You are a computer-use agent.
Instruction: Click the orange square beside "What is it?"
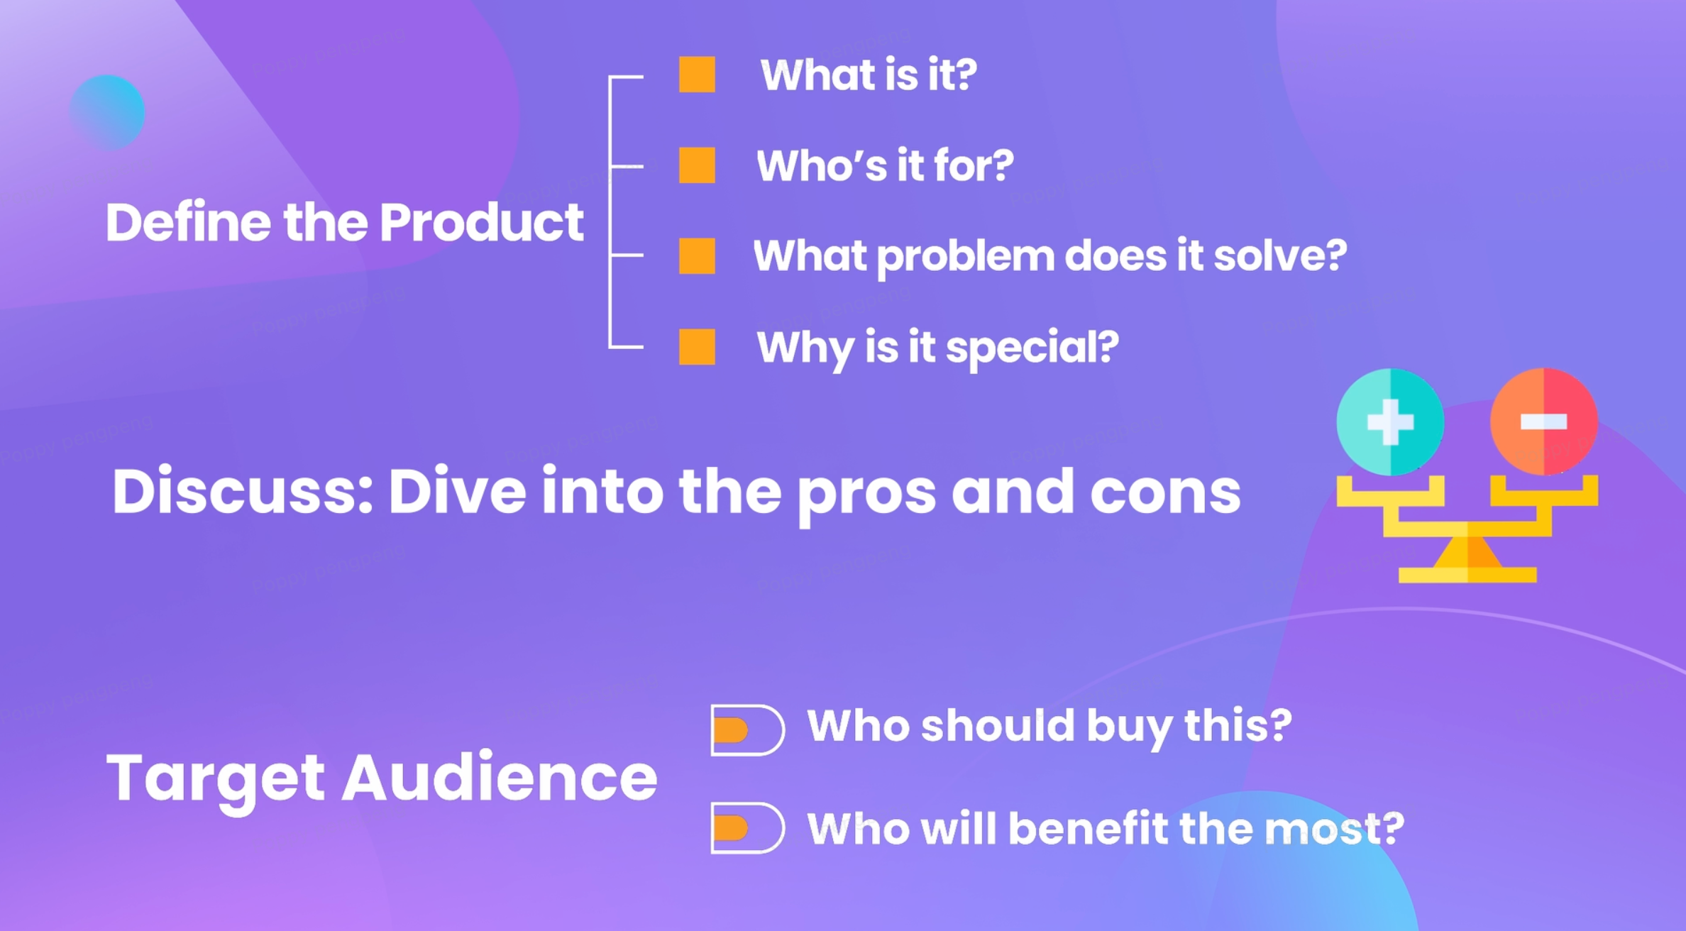[697, 75]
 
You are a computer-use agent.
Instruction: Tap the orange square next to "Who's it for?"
[697, 165]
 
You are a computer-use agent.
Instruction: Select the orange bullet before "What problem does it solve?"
[697, 255]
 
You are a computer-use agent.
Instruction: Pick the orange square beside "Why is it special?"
[697, 346]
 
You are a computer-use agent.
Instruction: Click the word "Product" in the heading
[481, 222]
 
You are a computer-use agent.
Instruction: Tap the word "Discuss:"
[243, 491]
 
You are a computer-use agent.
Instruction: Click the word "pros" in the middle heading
[866, 495]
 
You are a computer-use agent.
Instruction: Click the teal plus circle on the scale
[1389, 422]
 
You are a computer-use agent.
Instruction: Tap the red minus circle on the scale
[1544, 422]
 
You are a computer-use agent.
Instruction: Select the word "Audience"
[500, 777]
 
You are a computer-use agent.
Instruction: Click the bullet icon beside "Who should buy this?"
[747, 729]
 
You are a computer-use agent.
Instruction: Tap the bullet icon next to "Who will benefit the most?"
[747, 827]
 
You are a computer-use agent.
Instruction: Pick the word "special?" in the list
[1032, 349]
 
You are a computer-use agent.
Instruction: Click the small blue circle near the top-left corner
[107, 112]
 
